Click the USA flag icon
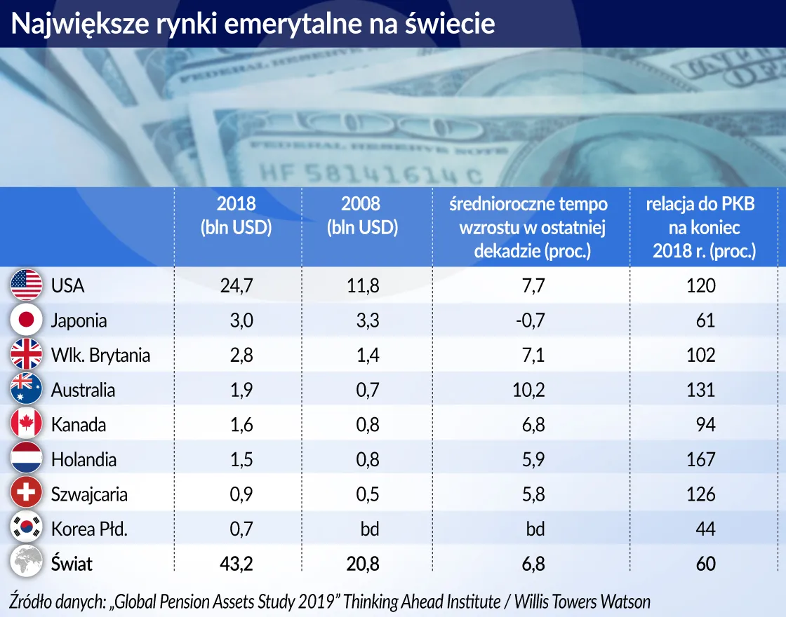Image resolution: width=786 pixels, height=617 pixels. point(26,285)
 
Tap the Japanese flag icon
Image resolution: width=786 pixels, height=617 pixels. point(26,320)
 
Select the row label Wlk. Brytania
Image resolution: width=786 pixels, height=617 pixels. point(100,355)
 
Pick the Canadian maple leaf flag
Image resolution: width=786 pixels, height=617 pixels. point(26,424)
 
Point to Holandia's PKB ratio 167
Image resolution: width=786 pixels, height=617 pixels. point(700,459)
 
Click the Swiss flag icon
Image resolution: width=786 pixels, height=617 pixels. point(26,494)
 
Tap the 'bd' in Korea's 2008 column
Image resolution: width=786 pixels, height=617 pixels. point(369,529)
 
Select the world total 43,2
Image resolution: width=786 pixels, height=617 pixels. point(237,564)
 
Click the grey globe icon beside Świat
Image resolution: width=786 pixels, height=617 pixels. point(26,563)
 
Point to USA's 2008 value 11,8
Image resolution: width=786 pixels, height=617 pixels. point(364,285)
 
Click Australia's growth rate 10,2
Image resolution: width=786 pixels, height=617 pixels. point(528,390)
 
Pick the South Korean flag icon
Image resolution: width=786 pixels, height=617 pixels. point(26,529)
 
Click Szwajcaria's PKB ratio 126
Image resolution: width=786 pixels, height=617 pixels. point(700,494)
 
